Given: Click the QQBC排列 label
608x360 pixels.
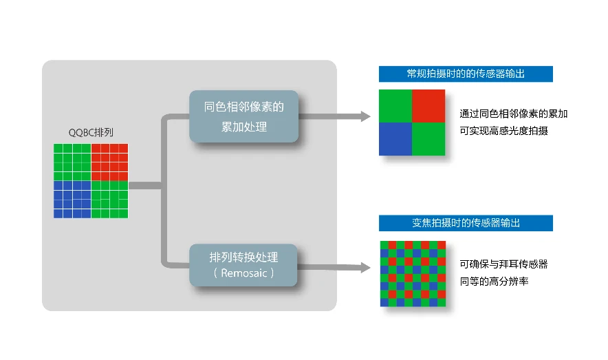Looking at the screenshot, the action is point(91,133).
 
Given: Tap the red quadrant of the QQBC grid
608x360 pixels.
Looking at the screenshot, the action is point(109,162).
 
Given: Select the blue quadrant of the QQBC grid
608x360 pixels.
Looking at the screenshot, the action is point(72,200).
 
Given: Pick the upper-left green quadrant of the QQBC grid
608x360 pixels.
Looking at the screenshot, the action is point(72,162).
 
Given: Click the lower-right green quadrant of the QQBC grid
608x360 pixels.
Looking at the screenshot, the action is point(109,200).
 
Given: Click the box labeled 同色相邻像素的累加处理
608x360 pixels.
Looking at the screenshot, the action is point(244,116).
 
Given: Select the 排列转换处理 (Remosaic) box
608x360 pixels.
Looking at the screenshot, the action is point(243,265).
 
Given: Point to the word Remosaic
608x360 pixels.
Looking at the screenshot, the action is point(244,273).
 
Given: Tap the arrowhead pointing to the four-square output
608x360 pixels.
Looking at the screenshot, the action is point(366,116).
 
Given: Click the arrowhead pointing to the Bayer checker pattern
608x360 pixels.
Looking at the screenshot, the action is point(366,267).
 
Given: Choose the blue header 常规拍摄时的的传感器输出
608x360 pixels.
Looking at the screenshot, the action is point(466,74).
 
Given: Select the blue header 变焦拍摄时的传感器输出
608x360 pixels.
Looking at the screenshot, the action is point(466,223).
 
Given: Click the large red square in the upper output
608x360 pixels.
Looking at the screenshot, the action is point(428,106).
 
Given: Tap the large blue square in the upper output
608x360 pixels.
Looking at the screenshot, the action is point(395,139).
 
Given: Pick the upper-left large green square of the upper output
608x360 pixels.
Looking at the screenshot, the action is point(395,106).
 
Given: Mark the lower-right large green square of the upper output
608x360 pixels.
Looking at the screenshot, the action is point(428,139).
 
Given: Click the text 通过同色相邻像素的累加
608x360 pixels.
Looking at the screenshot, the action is point(514,114).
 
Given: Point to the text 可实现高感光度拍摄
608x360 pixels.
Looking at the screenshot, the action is point(503,131).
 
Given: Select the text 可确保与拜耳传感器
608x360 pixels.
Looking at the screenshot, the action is point(503,264).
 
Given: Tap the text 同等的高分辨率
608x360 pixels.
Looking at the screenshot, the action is point(494,282).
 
